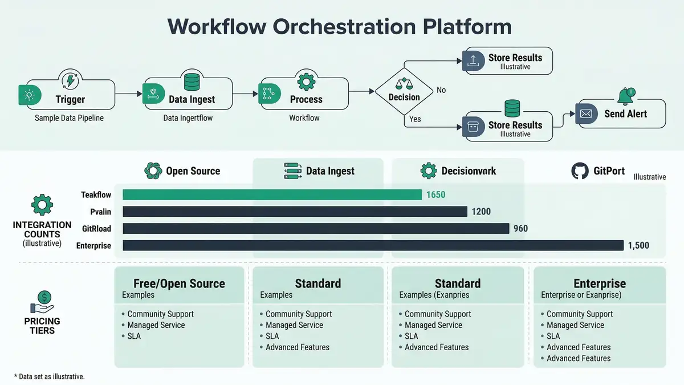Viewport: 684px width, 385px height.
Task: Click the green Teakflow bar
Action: [x=272, y=195]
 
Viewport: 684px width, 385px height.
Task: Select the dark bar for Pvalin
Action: [x=295, y=212]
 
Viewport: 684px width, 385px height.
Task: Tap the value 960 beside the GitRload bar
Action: [x=520, y=229]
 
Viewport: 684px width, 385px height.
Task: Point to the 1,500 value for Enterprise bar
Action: [x=638, y=245]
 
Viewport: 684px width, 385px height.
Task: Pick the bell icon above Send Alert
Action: [x=625, y=95]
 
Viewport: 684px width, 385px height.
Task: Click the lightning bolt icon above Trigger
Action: [x=70, y=81]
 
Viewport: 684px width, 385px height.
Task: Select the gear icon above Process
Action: [x=306, y=81]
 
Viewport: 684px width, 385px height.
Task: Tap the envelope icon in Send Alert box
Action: [x=587, y=114]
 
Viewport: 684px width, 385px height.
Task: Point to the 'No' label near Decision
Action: [x=441, y=90]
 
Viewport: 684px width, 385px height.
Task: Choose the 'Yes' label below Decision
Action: [x=415, y=119]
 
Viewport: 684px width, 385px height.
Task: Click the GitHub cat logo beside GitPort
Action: [x=580, y=171]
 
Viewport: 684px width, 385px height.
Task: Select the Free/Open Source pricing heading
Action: [x=179, y=283]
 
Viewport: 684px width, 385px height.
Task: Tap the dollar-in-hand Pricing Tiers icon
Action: [x=42, y=302]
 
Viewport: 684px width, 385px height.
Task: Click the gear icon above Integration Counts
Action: [x=42, y=205]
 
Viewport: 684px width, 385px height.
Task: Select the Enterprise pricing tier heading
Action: [x=599, y=283]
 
